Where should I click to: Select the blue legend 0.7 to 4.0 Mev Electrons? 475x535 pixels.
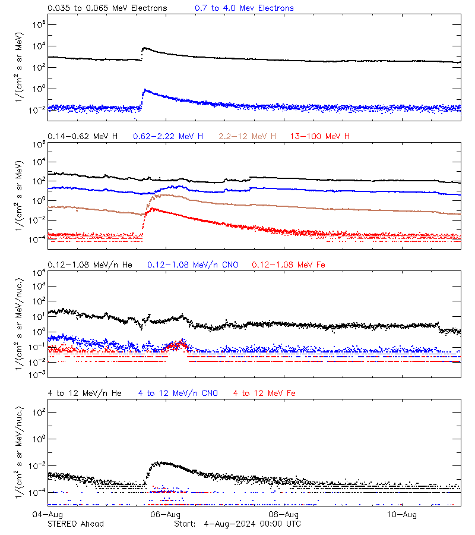244,8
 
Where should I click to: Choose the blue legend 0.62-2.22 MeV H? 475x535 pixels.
168,137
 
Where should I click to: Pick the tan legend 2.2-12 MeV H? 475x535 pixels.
248,137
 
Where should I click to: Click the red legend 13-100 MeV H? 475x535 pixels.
320,137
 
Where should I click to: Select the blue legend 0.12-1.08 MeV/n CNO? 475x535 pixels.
192,265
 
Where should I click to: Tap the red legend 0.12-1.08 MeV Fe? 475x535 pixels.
289,265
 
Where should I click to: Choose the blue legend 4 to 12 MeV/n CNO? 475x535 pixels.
178,393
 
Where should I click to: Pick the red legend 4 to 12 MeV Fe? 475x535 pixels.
264,393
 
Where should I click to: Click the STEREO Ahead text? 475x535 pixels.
75,524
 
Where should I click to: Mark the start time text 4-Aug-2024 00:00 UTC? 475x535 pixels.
252,524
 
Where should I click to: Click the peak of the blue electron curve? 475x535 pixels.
145,90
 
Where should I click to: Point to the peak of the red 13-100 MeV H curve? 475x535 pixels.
152,209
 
